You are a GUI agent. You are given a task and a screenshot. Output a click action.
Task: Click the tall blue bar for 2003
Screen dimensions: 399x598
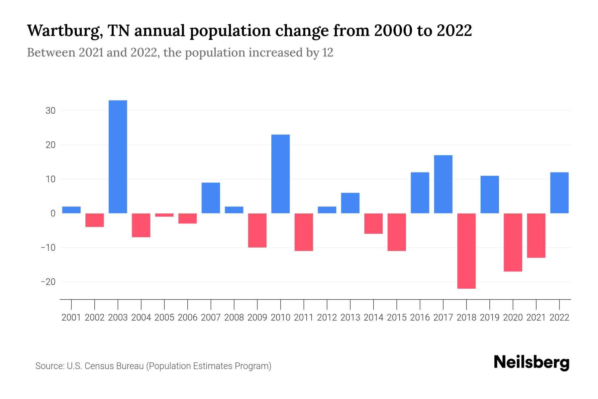pos(118,157)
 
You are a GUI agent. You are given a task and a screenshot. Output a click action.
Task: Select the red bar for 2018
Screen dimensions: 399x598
pos(466,251)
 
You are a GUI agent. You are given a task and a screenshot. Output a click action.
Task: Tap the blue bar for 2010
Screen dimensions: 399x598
pos(280,174)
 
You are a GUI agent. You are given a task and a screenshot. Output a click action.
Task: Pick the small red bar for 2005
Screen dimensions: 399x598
pos(164,215)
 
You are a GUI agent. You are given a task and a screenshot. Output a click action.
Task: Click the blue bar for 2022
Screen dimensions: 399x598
pos(559,193)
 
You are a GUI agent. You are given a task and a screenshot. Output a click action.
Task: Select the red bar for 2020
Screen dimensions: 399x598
pos(513,242)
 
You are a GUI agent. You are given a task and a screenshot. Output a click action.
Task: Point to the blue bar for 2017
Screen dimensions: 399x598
pos(443,184)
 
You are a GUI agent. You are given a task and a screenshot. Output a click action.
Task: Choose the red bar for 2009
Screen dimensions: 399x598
pos(257,230)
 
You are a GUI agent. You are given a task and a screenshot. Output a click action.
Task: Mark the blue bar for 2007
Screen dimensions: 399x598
pos(211,198)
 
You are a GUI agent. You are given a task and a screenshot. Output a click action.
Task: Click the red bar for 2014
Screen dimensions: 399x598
pos(373,223)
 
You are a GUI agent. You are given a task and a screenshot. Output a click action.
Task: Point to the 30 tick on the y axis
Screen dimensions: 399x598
pos(50,111)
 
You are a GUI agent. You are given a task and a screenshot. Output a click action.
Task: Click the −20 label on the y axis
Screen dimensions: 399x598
pos(48,282)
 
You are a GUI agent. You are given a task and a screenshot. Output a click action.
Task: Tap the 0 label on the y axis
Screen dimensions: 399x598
pos(53,213)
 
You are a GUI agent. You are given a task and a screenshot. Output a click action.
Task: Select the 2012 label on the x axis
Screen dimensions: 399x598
pos(327,318)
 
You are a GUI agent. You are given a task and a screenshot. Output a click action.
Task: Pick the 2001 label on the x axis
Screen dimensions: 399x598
pos(71,318)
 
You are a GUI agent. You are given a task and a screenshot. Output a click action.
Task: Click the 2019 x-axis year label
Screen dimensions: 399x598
pos(490,318)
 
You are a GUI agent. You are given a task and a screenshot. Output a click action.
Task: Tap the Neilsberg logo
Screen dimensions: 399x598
pos(532,362)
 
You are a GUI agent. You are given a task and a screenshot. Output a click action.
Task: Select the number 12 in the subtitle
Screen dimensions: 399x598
pos(328,53)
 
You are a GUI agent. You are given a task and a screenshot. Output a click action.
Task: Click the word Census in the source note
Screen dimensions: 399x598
pos(99,366)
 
